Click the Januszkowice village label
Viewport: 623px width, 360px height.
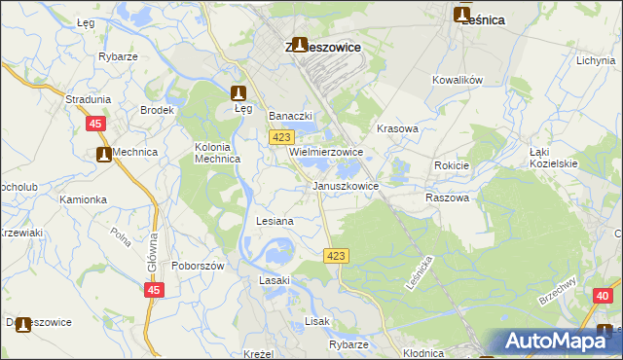point(345,185)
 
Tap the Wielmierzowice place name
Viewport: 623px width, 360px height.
point(325,153)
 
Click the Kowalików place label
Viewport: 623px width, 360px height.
point(458,81)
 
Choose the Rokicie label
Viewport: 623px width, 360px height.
point(452,165)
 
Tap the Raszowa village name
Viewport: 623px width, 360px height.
point(447,198)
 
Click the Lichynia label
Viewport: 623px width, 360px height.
point(595,60)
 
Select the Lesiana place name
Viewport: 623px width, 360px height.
point(275,221)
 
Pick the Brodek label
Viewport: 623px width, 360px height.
point(156,110)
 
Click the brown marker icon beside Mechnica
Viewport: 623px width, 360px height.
point(103,154)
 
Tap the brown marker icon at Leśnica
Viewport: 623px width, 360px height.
point(461,15)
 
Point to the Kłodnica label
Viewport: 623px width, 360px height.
point(421,353)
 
